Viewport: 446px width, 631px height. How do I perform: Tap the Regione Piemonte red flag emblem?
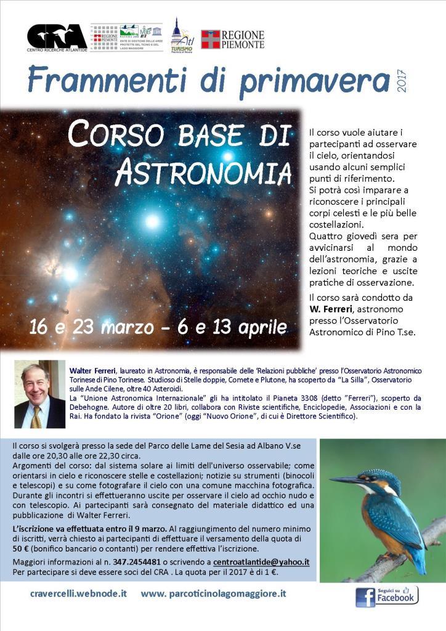pyautogui.click(x=210, y=39)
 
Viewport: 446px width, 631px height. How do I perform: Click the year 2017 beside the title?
pyautogui.click(x=402, y=80)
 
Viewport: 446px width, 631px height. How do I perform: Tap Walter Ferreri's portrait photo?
pyautogui.click(x=39, y=394)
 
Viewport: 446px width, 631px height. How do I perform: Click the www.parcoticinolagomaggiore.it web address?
pyautogui.click(x=213, y=594)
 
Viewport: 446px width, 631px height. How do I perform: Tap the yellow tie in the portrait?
pyautogui.click(x=38, y=417)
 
